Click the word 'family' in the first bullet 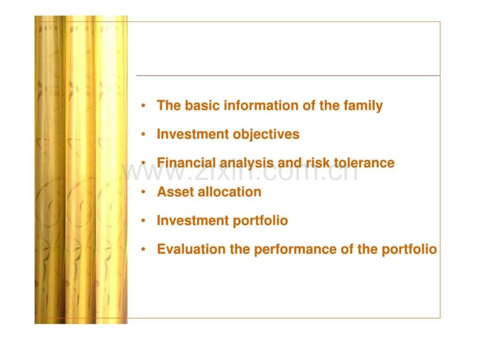point(363,106)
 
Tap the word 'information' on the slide point(261,105)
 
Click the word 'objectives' point(266,135)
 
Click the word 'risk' point(319,163)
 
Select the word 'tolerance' point(364,163)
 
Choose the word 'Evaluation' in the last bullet point(191,249)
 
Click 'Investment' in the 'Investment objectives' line point(193,135)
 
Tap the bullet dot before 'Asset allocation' point(143,192)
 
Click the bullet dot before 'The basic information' point(143,106)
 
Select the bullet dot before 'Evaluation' point(143,249)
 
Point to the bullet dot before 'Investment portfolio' point(143,221)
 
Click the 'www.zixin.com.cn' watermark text point(241,172)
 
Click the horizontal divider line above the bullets point(288,75)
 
